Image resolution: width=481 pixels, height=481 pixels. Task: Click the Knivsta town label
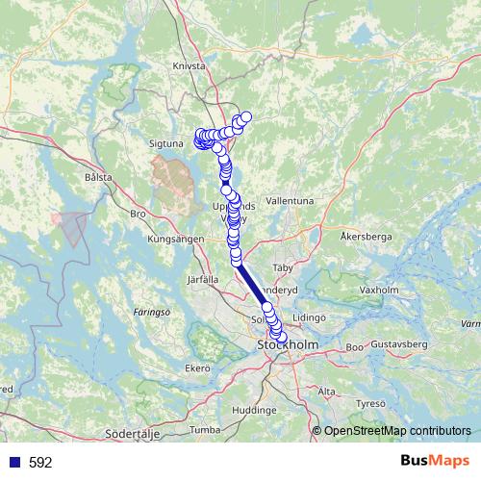point(190,66)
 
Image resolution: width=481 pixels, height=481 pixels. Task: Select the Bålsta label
point(98,177)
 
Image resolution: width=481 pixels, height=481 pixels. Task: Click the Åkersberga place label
point(367,235)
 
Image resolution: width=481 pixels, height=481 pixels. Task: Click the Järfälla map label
point(204,278)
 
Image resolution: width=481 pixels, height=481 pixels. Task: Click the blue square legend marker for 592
point(14,463)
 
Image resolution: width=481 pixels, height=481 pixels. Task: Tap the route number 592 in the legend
point(40,463)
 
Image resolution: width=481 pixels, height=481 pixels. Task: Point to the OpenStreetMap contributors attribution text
point(396,431)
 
